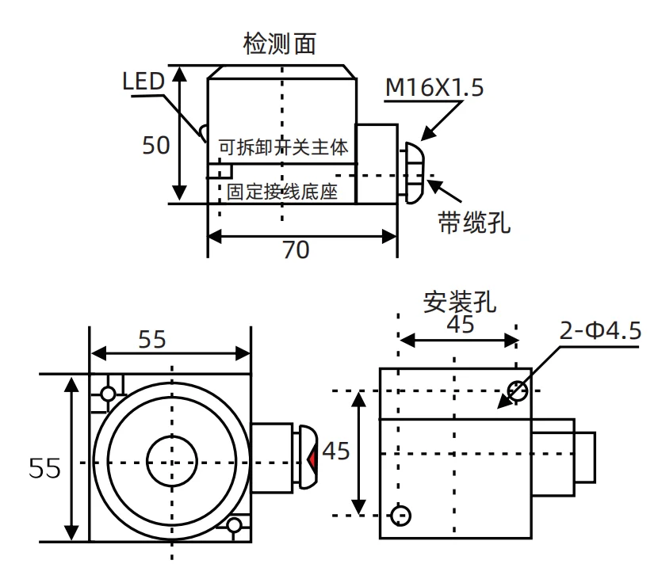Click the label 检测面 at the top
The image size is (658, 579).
click(280, 44)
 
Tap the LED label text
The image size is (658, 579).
click(143, 81)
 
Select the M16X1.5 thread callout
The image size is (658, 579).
click(434, 88)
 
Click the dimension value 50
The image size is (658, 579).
click(156, 145)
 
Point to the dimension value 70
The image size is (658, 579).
click(296, 250)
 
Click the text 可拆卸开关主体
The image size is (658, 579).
click(284, 147)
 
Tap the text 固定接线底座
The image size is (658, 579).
click(283, 192)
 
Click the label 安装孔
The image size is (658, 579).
click(461, 303)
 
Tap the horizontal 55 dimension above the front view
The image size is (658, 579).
click(152, 339)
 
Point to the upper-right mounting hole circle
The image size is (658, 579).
click(518, 390)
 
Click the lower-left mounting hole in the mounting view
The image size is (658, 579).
click(402, 515)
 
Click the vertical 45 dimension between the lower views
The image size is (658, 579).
click(338, 451)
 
